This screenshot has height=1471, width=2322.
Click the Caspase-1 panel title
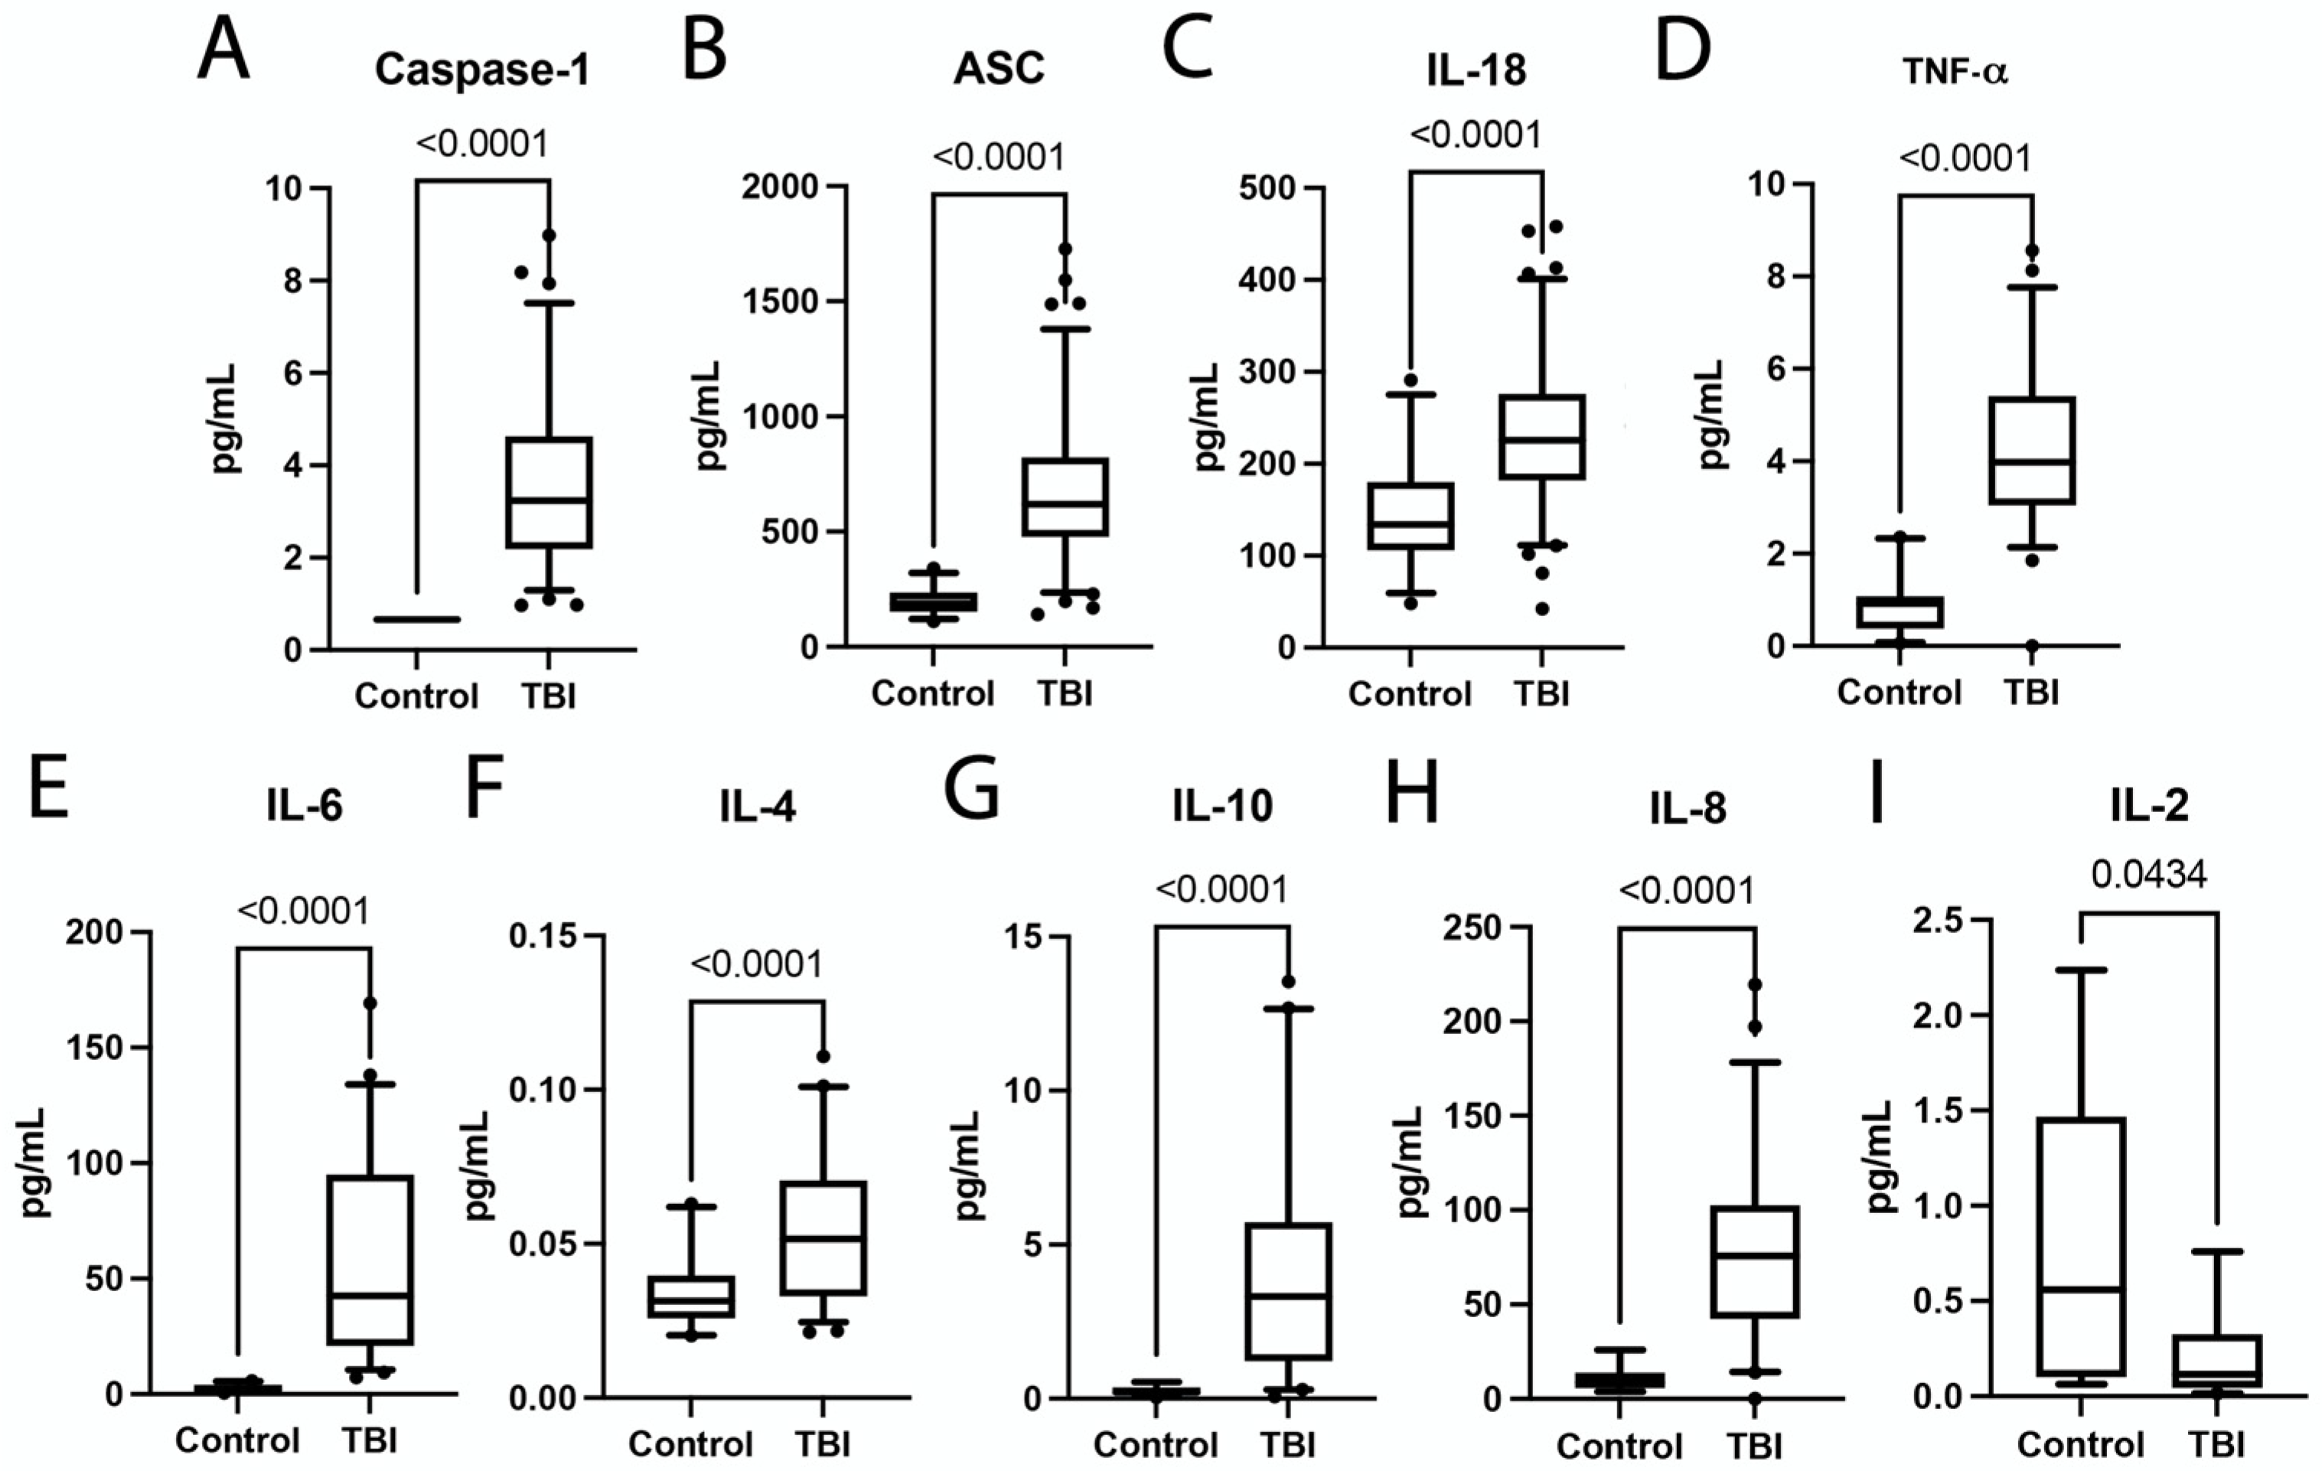pos(481,70)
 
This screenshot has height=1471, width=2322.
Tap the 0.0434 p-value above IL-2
pos(2149,874)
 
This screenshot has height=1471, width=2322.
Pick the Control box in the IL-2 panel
pos(2081,1245)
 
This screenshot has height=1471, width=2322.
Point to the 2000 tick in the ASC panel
pos(779,188)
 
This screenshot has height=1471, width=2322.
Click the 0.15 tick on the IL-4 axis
pos(542,937)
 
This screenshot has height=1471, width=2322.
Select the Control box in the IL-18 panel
pos(1410,516)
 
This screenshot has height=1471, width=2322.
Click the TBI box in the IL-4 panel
pos(823,1238)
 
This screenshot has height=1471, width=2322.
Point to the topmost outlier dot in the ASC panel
pos(1065,249)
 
